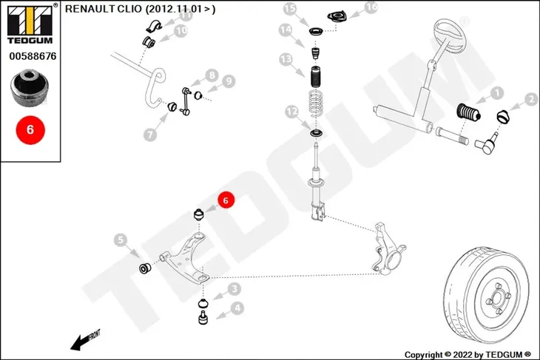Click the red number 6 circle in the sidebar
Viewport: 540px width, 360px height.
click(x=30, y=130)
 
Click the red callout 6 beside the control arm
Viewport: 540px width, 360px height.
click(x=226, y=200)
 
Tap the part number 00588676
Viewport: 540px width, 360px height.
click(x=33, y=56)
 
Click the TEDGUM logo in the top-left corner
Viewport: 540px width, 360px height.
click(x=30, y=24)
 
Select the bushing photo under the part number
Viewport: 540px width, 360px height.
click(x=30, y=88)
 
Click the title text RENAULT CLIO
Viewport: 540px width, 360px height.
click(x=104, y=9)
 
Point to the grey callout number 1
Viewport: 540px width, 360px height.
click(x=497, y=93)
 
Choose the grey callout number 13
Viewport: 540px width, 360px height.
click(x=286, y=60)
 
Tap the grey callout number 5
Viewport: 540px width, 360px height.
click(x=121, y=240)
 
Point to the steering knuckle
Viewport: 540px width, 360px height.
click(x=388, y=249)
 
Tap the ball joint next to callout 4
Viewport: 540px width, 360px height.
click(x=203, y=317)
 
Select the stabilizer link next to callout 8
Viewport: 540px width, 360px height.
click(x=185, y=101)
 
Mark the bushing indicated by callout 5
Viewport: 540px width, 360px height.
click(x=145, y=268)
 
